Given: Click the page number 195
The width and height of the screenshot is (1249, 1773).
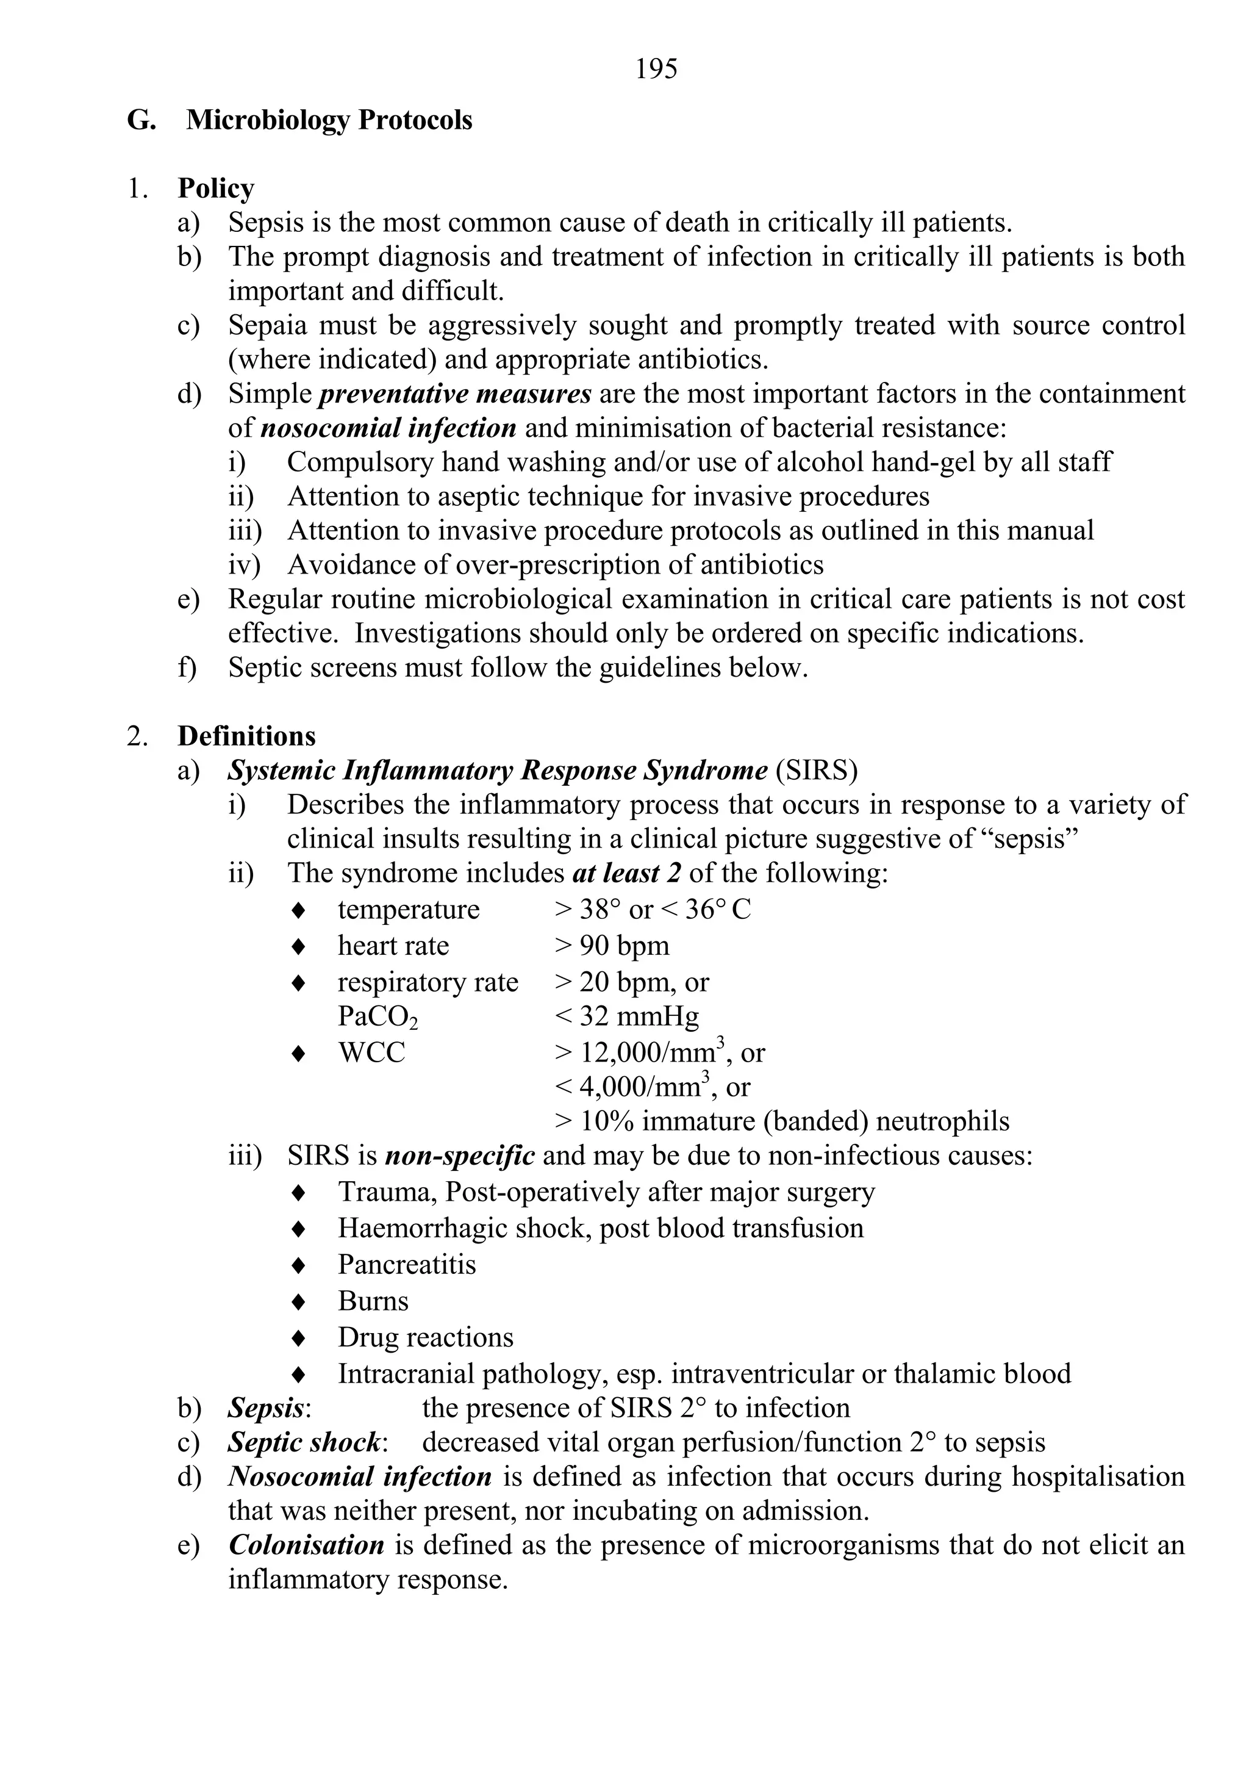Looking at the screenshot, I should click(656, 70).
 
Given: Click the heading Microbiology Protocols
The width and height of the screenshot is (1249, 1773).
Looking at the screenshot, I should click(329, 120).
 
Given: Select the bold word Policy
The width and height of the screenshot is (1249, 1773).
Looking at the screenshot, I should click(215, 189).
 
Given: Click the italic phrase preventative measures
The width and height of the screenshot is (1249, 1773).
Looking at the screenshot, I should click(456, 394).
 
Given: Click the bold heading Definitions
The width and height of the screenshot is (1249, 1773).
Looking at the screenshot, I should click(246, 736).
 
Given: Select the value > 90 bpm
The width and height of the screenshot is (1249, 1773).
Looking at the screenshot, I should click(611, 945).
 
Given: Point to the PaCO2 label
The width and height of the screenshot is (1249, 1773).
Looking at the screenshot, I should click(378, 1017).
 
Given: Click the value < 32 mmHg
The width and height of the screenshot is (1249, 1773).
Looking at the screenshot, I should click(626, 1016).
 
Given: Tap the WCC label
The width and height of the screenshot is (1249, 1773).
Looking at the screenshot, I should click(371, 1052).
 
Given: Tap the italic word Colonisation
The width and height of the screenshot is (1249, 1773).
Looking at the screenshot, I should click(307, 1545).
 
